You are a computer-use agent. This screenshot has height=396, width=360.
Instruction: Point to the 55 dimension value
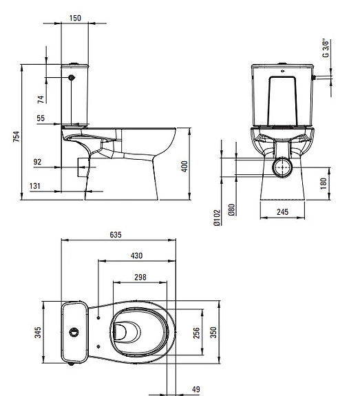(x=41, y=118)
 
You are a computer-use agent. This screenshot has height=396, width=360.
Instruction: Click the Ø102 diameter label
(x=216, y=218)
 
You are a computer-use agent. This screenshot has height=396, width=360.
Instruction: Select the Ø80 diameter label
(x=232, y=209)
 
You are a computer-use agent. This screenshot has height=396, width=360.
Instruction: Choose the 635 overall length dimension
(x=116, y=235)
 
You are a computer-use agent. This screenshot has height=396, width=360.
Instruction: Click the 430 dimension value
(x=136, y=256)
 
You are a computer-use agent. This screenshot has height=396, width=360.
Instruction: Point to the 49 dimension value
(x=196, y=388)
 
